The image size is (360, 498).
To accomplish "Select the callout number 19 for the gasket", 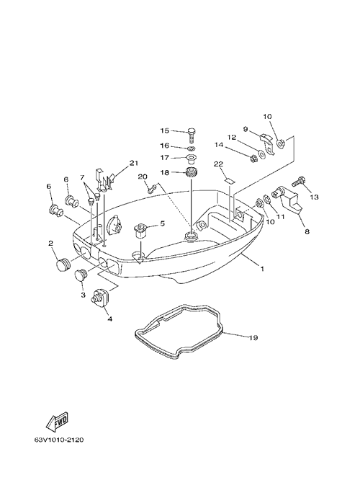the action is pos(253,337).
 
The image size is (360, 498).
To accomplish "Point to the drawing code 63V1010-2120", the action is pos(59,440).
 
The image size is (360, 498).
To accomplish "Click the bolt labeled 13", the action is pos(298,183).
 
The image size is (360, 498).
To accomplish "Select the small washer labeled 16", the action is pos(191,148).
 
